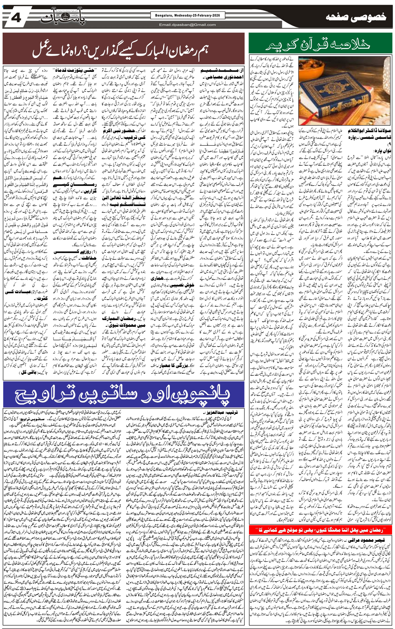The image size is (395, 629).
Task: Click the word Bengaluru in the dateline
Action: click(x=163, y=15)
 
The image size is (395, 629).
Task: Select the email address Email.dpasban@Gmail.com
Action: click(x=187, y=25)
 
